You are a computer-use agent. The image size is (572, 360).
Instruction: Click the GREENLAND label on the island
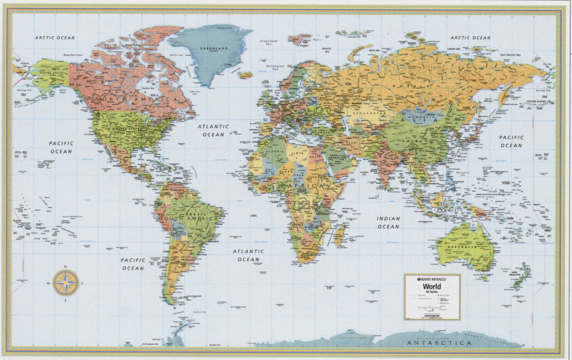pos(214,49)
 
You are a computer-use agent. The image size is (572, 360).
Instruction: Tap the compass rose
pos(66,283)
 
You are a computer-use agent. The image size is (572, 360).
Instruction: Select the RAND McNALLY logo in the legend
pos(432,278)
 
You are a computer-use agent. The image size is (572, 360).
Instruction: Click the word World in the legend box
pos(432,286)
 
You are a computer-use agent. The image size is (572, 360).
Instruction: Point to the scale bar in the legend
pos(431,308)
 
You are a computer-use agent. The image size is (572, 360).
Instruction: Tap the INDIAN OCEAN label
pos(388,222)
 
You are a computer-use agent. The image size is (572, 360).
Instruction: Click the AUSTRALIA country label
pos(463,245)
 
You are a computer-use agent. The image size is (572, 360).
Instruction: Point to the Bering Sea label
pos(23,89)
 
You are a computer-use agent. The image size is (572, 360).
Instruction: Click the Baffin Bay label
pos(177,55)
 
